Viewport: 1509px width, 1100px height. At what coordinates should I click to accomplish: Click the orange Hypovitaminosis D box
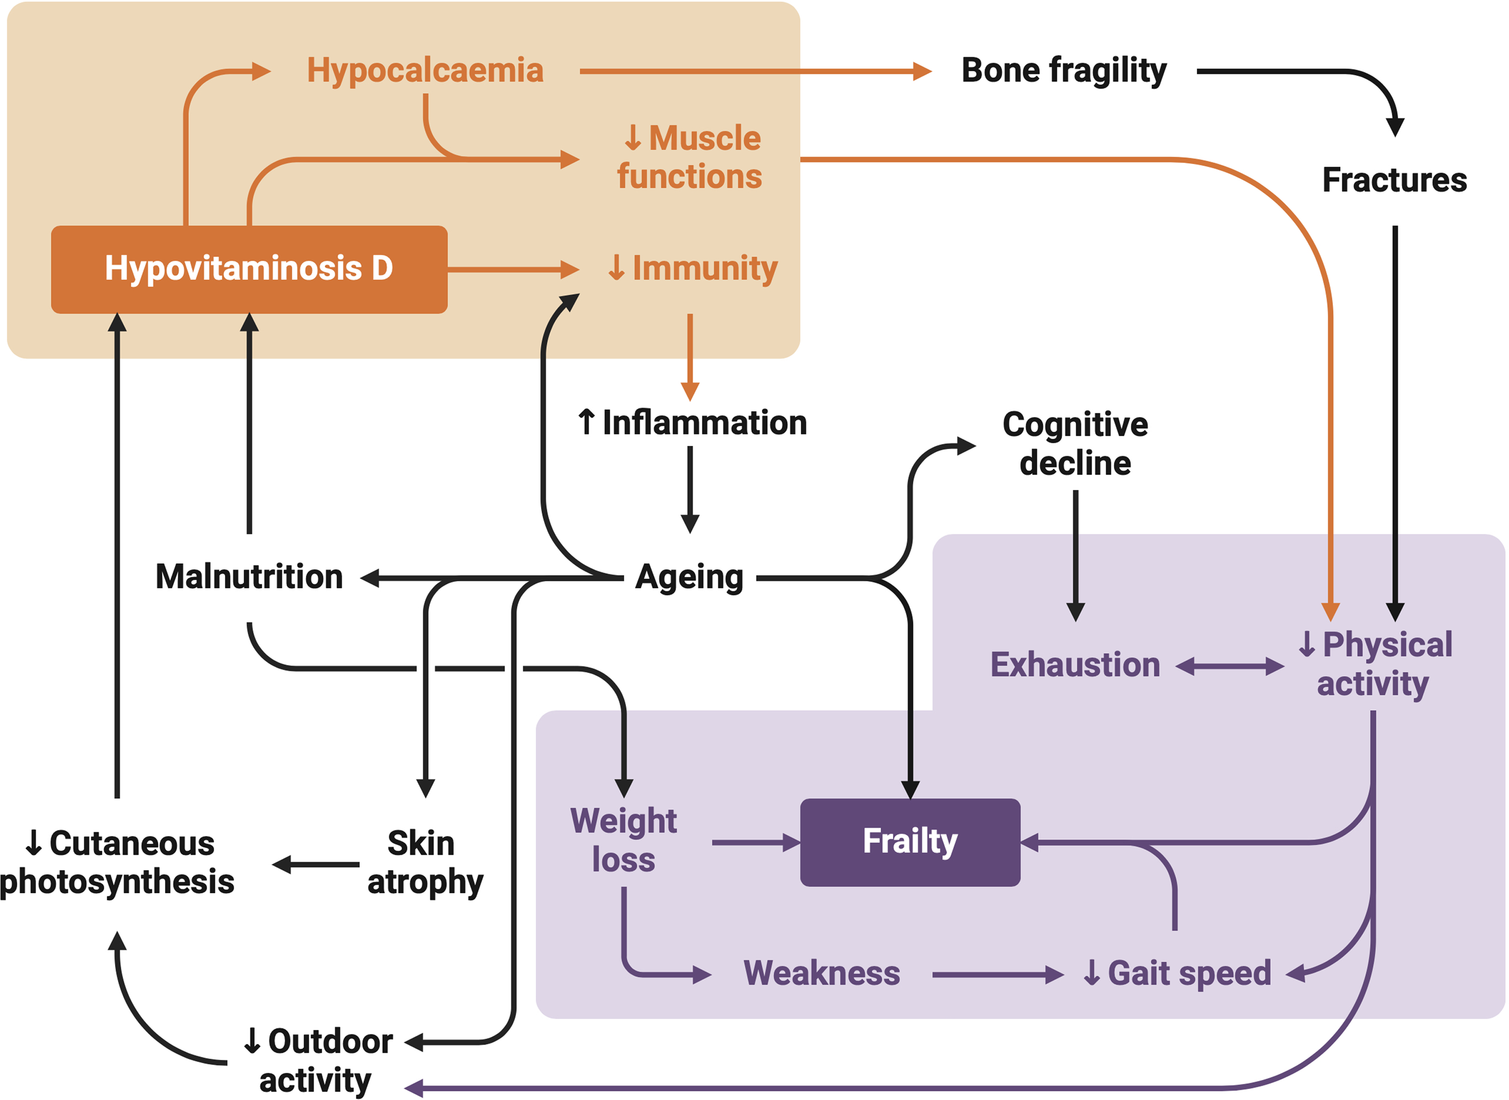(249, 269)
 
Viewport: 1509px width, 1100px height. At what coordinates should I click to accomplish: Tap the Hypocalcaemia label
(425, 71)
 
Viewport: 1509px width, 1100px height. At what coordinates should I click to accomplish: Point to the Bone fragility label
(1063, 71)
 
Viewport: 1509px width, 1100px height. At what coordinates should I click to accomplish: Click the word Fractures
(1394, 180)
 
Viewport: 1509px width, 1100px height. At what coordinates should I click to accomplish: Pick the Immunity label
(693, 268)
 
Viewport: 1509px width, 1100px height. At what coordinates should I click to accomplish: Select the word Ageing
(689, 577)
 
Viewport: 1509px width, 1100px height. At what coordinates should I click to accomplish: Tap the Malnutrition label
(249, 577)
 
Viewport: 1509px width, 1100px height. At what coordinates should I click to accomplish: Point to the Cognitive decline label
(1075, 443)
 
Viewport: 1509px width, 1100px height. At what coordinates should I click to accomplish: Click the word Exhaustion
(1075, 664)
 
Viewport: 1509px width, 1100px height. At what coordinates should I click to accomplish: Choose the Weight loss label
(623, 840)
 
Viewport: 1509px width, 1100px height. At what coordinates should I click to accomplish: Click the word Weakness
(822, 973)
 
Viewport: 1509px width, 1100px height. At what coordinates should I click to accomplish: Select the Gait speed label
(1178, 973)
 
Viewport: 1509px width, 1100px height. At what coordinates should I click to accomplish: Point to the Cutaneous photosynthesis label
(118, 863)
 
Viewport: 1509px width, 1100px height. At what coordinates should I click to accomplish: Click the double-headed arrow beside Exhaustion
(1229, 666)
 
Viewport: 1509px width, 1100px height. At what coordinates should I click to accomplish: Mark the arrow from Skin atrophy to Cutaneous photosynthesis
(316, 864)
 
